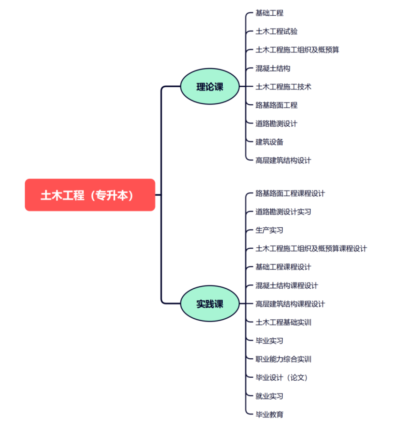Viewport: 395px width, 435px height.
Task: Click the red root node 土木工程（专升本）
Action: pos(90,195)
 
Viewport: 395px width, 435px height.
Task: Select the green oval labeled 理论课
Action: pos(210,87)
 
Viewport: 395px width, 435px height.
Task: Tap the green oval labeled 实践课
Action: pos(210,303)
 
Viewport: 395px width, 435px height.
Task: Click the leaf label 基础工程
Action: pos(269,13)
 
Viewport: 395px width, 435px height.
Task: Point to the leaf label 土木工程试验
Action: pos(276,31)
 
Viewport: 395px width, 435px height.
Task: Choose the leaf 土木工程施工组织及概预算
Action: pos(297,50)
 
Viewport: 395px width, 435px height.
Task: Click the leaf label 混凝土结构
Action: pos(273,68)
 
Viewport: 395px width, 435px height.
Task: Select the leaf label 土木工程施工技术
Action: pos(283,87)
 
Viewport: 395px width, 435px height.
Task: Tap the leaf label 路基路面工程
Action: pos(276,105)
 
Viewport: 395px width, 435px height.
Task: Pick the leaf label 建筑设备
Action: pos(269,142)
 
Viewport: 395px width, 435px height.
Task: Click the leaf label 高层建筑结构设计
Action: pos(283,160)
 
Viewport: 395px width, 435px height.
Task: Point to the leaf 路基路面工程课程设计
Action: pos(290,193)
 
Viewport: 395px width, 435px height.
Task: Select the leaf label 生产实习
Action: pos(269,230)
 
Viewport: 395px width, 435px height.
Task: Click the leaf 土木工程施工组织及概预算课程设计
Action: pos(311,248)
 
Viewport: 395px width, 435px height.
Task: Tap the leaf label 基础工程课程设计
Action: pos(283,267)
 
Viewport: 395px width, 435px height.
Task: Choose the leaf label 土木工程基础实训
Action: pos(283,322)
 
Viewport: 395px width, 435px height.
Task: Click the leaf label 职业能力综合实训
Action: pos(283,359)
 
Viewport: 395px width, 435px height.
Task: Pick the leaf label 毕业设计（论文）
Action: pos(282,377)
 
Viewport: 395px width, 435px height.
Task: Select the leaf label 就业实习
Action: pos(269,396)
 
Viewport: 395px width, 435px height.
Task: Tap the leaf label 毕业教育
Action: pos(269,414)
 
